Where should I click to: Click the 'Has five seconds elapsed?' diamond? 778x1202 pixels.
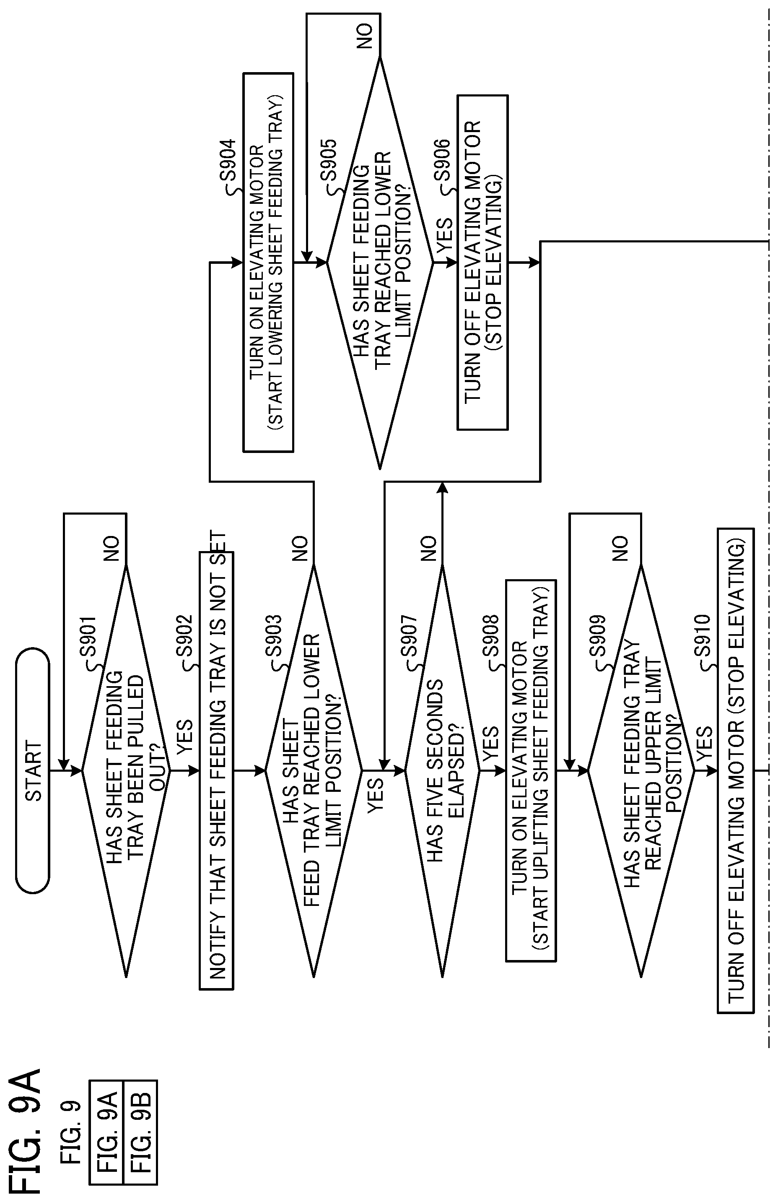pyautogui.click(x=442, y=771)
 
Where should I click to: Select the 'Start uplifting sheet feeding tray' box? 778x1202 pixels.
pyautogui.click(x=531, y=771)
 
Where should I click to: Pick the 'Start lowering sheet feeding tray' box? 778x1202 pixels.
pyautogui.click(x=268, y=262)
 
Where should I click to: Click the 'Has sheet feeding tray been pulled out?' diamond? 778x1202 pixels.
pyautogui.click(x=126, y=771)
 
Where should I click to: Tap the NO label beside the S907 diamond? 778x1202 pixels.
pyautogui.click(x=428, y=549)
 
